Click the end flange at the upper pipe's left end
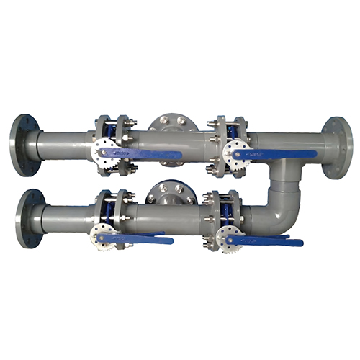[x=23, y=144]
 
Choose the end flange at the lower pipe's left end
[x=30, y=218]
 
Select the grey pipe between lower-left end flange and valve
[x=68, y=217]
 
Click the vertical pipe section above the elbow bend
[x=283, y=173]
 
